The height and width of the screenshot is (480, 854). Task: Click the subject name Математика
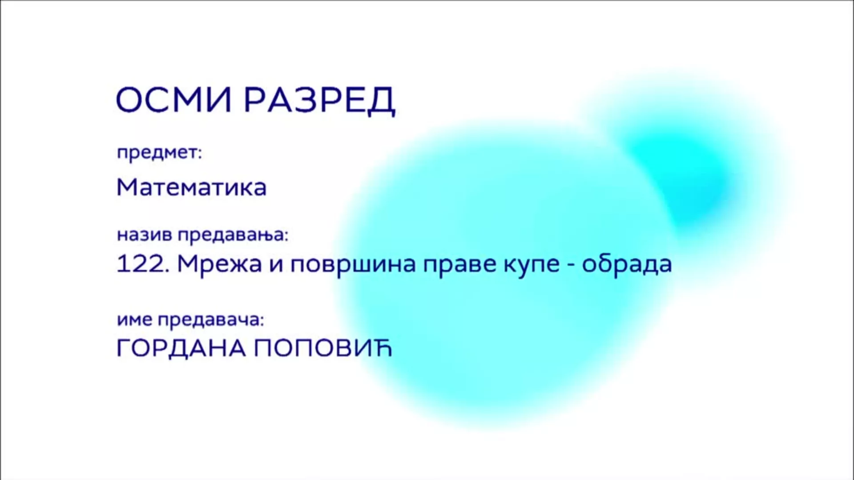(x=191, y=187)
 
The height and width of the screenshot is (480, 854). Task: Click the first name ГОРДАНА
(x=181, y=348)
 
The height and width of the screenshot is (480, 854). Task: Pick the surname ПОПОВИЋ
(x=323, y=348)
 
